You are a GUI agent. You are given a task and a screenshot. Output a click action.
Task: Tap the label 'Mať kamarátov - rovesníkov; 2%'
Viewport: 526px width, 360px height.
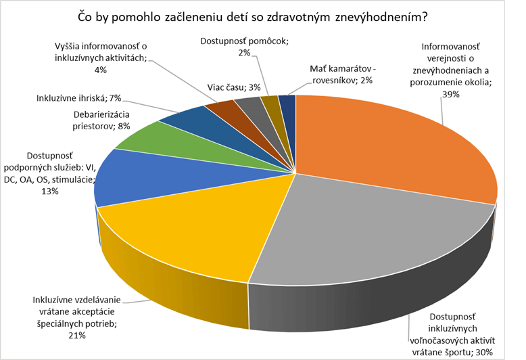tap(341, 74)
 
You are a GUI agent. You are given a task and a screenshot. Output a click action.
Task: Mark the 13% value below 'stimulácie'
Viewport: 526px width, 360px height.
tap(50, 192)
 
